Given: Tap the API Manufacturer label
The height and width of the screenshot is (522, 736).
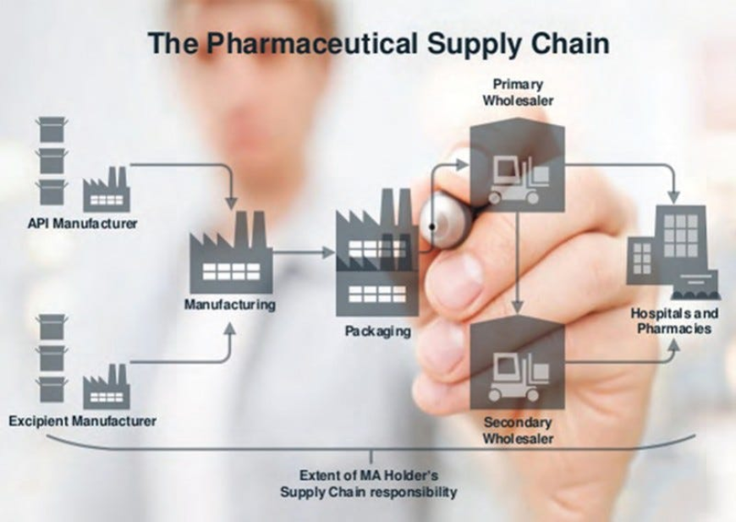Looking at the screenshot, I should pos(83,224).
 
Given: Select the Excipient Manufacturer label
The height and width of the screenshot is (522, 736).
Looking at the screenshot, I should pos(82,420).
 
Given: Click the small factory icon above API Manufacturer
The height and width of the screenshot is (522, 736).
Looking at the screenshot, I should pos(106,190).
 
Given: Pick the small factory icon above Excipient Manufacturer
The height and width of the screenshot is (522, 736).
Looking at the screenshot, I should pos(106,387).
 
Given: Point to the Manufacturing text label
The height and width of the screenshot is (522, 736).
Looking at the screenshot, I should pos(230,305).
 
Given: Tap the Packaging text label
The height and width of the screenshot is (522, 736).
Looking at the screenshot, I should pos(377,331).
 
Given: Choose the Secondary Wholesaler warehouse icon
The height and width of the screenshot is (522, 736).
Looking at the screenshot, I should pos(517,363).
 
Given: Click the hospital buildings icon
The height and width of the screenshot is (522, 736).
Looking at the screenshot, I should pos(673,250).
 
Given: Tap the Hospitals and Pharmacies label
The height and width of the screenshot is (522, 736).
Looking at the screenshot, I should pos(674,321).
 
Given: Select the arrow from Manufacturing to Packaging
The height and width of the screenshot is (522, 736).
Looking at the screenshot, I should pos(304,252).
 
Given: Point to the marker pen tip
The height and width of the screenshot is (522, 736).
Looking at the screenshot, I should pos(433,227).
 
